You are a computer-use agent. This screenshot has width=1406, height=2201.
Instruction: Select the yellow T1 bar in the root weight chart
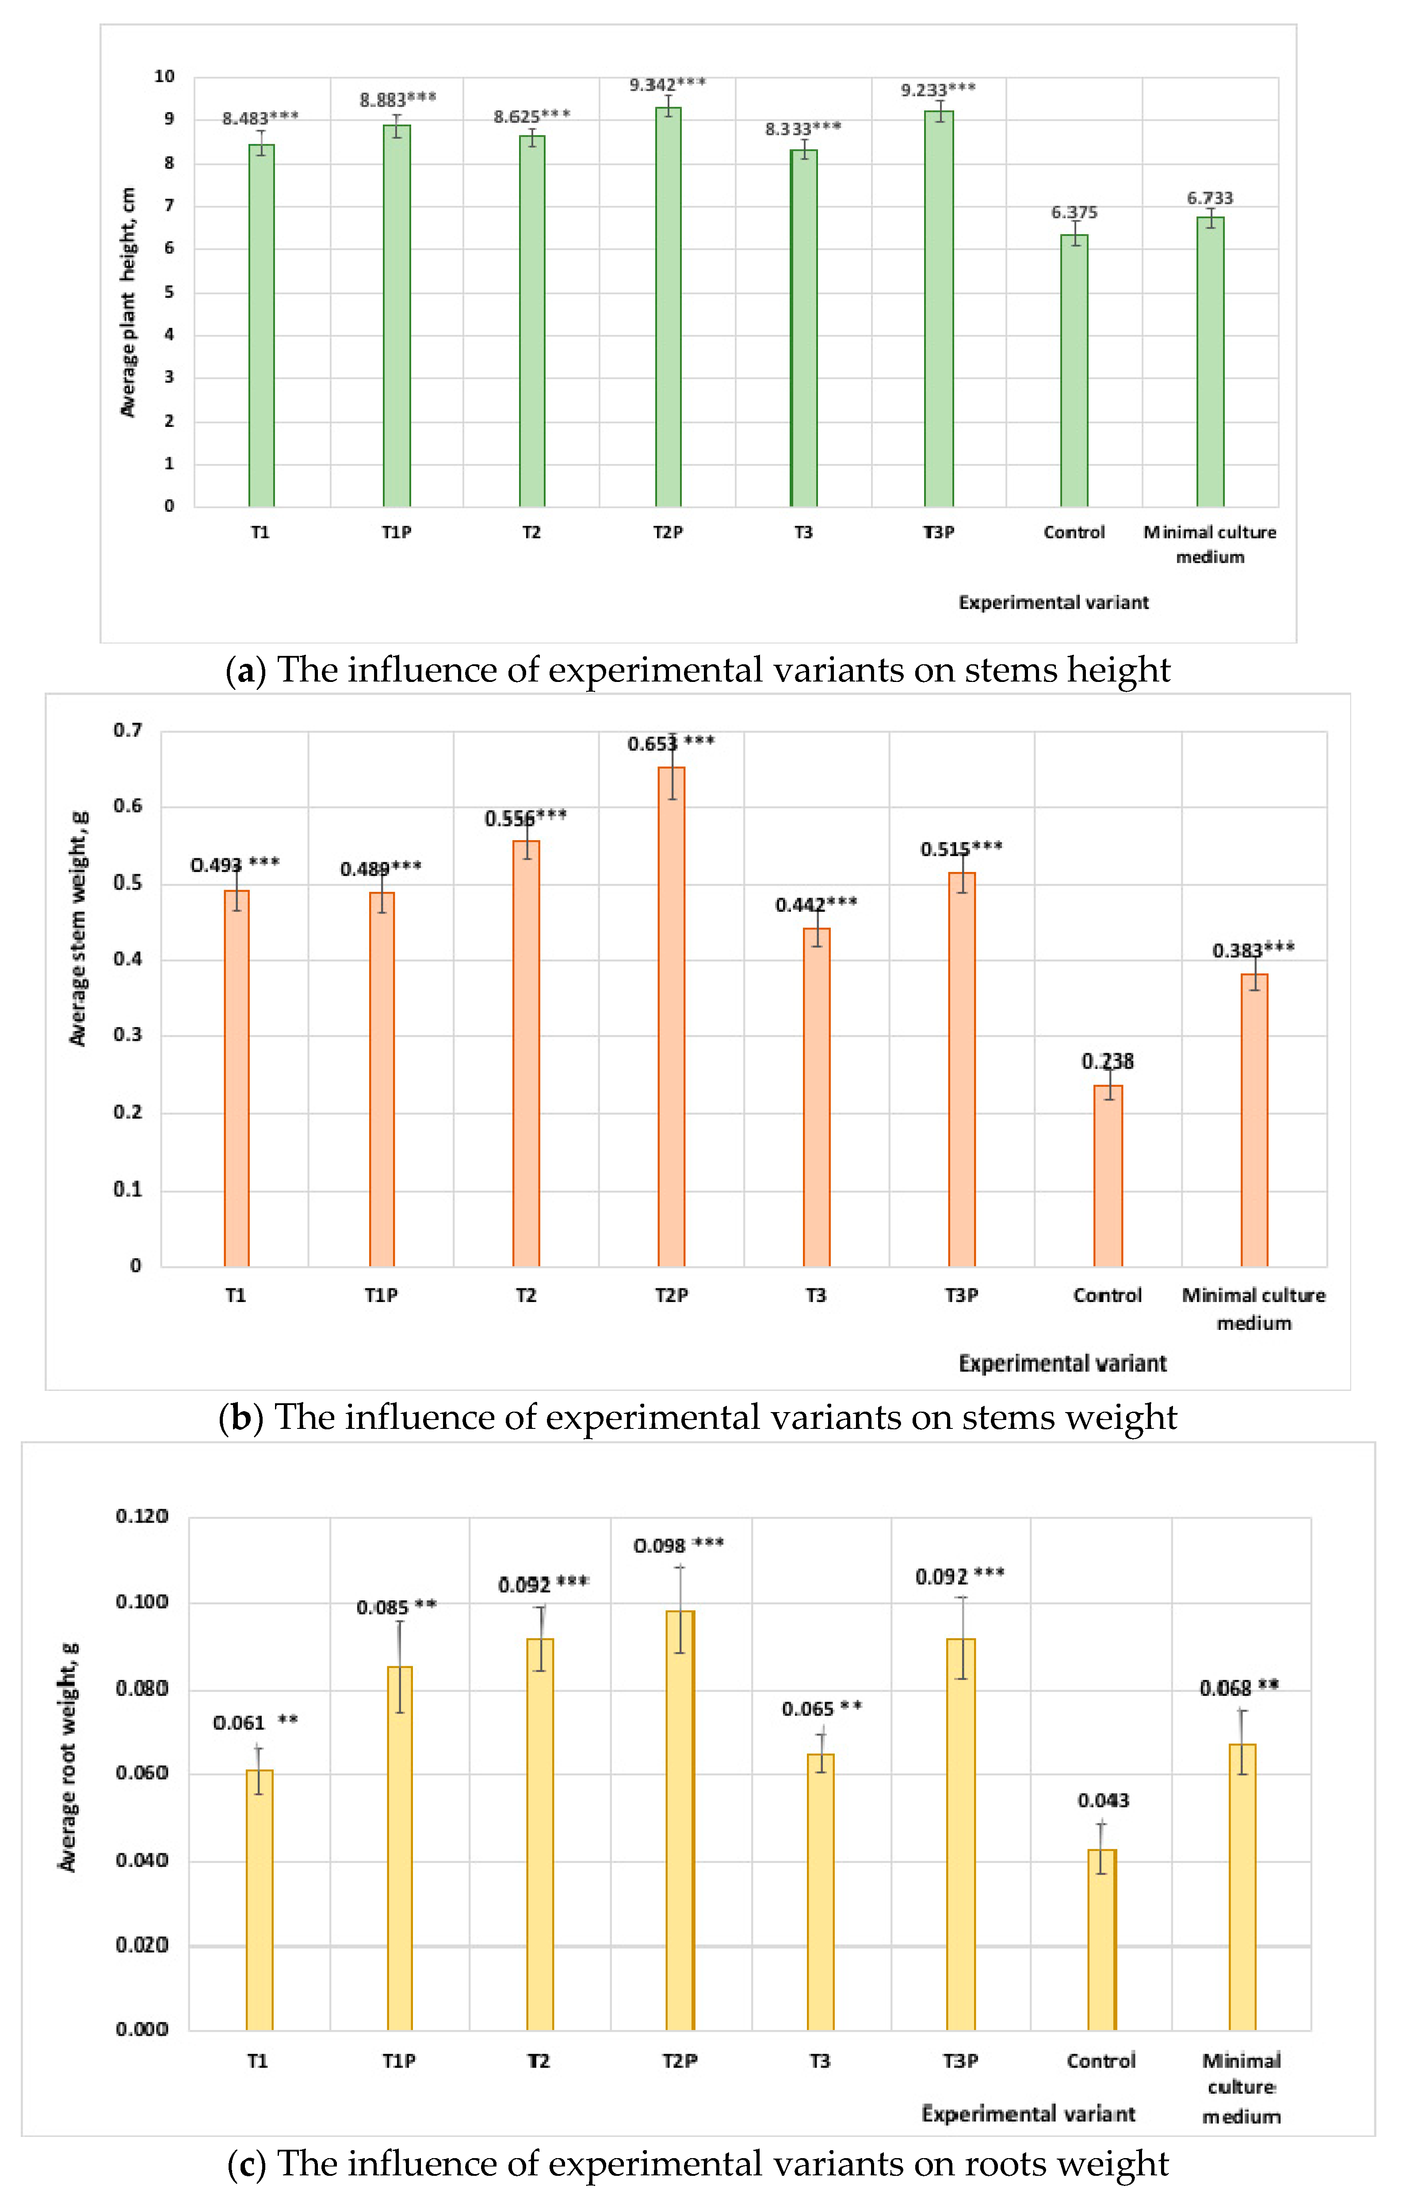(260, 1901)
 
